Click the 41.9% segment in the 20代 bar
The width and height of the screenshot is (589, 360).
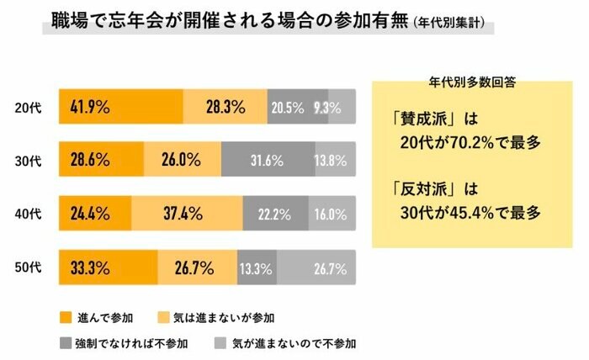pos(120,107)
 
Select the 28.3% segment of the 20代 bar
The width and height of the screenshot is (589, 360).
pos(225,107)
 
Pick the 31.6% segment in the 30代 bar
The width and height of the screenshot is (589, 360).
pos(268,160)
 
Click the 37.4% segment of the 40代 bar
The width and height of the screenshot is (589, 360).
pos(187,214)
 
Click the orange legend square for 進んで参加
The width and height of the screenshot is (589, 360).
pos(66,317)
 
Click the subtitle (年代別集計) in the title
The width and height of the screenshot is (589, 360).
pos(454,22)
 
